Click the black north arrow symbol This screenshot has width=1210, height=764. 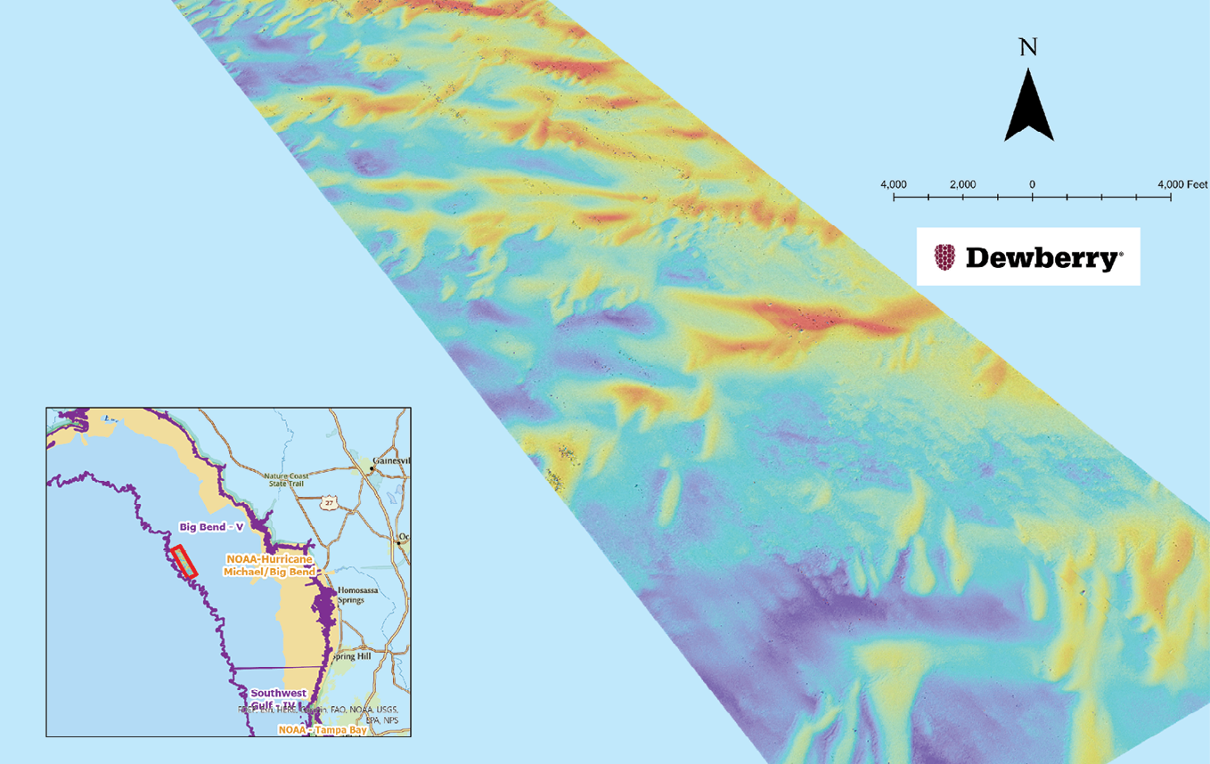(1029, 107)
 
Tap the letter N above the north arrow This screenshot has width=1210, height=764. (1028, 47)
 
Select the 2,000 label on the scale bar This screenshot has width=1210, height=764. (962, 184)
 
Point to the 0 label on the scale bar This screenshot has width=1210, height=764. (1032, 184)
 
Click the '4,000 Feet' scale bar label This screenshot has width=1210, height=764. (1182, 184)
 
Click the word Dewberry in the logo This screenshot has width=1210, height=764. (1043, 259)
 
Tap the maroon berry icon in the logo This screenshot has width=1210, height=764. (944, 257)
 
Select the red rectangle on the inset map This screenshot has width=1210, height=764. (184, 561)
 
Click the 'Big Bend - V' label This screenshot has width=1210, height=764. (211, 527)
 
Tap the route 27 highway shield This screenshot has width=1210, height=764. (330, 503)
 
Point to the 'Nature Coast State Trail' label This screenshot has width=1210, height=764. (285, 480)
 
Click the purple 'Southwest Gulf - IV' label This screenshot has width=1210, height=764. (278, 699)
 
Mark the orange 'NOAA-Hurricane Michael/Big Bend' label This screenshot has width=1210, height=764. (268, 565)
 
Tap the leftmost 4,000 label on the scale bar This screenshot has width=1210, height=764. (894, 184)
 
